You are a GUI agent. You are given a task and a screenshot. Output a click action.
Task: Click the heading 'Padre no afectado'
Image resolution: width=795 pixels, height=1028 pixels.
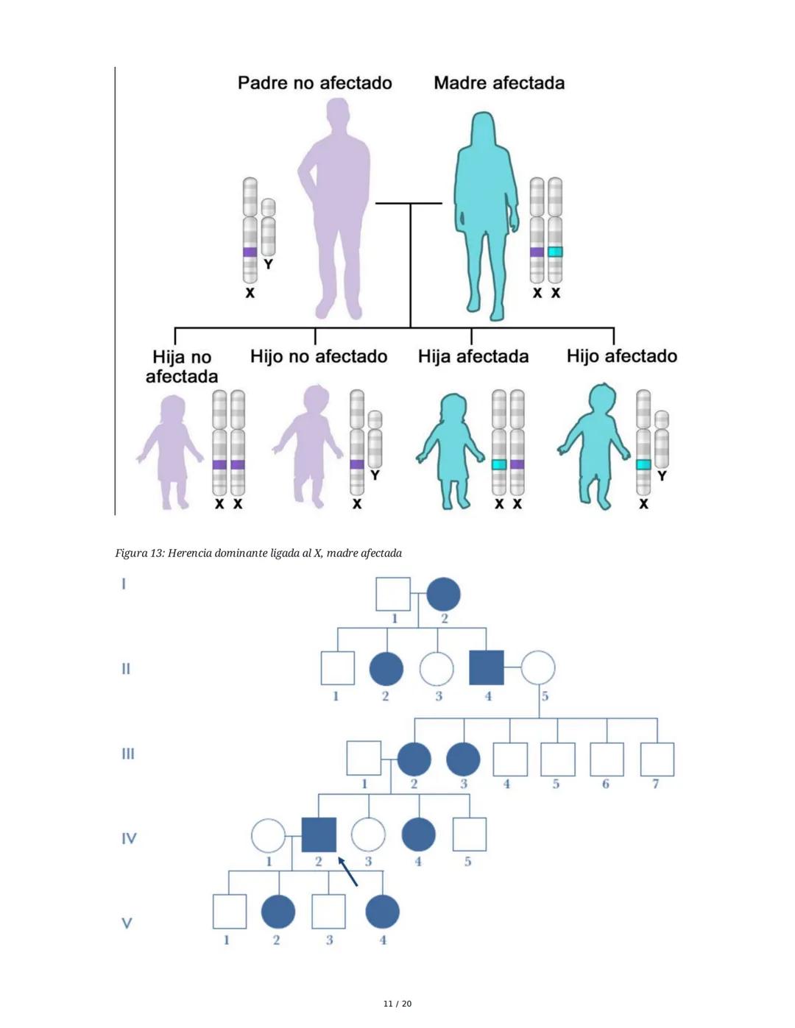point(314,83)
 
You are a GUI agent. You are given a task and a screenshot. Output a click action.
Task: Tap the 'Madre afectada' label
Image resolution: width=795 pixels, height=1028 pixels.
point(499,83)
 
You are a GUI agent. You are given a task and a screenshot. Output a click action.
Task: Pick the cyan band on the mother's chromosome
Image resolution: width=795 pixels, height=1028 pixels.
point(555,252)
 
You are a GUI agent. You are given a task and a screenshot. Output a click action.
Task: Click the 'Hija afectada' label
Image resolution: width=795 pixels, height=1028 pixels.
point(473,357)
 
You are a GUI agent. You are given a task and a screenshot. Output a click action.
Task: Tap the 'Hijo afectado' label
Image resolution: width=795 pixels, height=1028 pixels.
point(622,356)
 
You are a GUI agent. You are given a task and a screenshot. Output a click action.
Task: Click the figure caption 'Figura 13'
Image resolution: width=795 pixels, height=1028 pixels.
point(258,553)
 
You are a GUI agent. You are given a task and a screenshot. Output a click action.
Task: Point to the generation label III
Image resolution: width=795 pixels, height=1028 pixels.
point(128,754)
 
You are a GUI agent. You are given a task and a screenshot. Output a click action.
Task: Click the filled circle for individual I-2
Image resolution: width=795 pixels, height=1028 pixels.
point(443,594)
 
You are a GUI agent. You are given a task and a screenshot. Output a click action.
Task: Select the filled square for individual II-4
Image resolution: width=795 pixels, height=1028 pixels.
point(487,668)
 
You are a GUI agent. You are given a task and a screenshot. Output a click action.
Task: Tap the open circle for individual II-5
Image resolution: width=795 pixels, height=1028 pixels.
point(538,668)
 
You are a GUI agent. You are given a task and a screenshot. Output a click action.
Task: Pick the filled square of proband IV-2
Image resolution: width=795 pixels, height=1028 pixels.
point(319,835)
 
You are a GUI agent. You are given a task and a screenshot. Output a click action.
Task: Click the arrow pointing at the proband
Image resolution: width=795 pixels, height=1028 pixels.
point(347,871)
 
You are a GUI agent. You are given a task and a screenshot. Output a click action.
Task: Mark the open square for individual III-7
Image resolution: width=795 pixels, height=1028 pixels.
point(657,759)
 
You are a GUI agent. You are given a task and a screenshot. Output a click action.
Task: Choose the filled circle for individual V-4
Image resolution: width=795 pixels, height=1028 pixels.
point(383,912)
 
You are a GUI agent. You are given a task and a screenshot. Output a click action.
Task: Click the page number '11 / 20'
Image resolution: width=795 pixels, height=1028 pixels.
point(397,1004)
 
